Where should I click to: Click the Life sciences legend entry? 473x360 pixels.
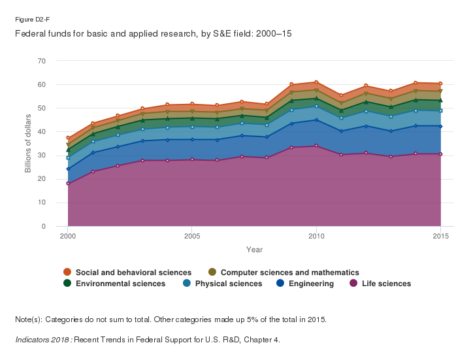pyautogui.click(x=385, y=284)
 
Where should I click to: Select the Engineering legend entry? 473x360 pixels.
pyautogui.click(x=310, y=284)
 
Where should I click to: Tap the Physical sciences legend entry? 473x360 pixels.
pyautogui.click(x=228, y=284)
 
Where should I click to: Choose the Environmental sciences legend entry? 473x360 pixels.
pyautogui.click(x=120, y=284)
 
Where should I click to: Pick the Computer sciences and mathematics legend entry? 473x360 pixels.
pyautogui.click(x=289, y=272)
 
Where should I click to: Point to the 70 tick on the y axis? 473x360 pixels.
pyautogui.click(x=42, y=61)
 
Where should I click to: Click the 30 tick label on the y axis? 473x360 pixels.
pyautogui.click(x=42, y=155)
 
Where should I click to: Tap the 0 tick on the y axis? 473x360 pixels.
pyautogui.click(x=44, y=226)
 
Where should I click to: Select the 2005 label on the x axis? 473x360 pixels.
pyautogui.click(x=191, y=236)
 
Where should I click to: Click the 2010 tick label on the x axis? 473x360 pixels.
pyautogui.click(x=316, y=236)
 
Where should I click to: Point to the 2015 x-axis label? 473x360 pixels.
pyautogui.click(x=440, y=236)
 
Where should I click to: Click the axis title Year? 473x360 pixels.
pyautogui.click(x=254, y=250)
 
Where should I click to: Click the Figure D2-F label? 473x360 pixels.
pyautogui.click(x=32, y=20)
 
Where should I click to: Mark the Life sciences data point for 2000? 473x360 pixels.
pyautogui.click(x=68, y=184)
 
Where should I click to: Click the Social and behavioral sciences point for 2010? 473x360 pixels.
pyautogui.click(x=316, y=82)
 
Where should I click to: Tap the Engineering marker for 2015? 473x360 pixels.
pyautogui.click(x=440, y=126)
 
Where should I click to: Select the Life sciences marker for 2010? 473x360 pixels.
pyautogui.click(x=316, y=146)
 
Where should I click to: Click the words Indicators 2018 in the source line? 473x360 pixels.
pyautogui.click(x=42, y=340)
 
